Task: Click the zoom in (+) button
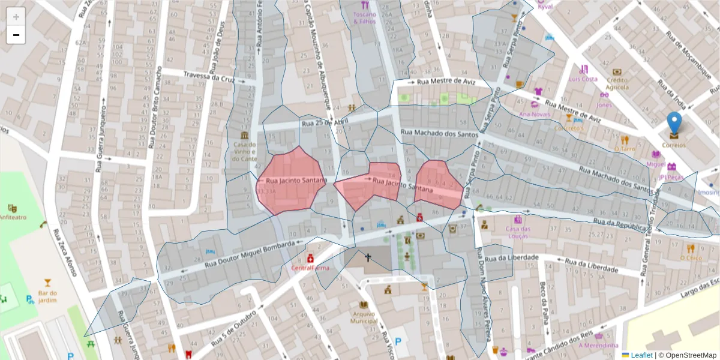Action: [16, 17]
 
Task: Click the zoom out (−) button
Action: [16, 35]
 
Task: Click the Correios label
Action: [674, 145]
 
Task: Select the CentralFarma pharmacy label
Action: [310, 268]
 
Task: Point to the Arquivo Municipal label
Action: [364, 317]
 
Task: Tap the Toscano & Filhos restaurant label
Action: [364, 17]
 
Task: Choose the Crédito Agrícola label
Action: [617, 83]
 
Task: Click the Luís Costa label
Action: [583, 79]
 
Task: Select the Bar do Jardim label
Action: [47, 295]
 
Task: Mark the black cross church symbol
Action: [368, 257]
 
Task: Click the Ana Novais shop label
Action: [534, 114]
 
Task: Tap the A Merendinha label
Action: [598, 345]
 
